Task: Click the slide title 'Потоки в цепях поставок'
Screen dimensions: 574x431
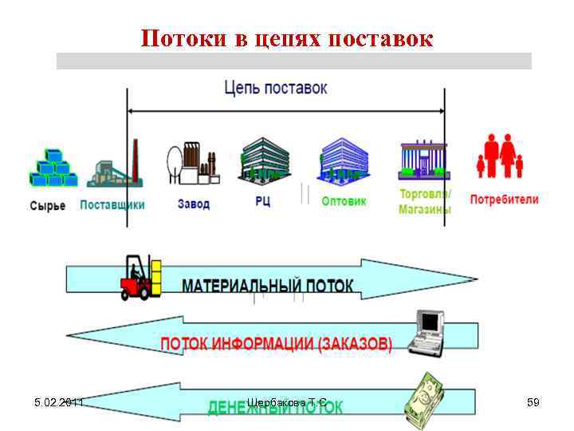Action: pos(287,38)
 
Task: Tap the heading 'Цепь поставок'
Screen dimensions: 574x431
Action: pos(276,88)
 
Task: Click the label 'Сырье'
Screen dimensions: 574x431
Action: pos(48,206)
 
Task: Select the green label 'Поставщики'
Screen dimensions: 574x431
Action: pos(112,205)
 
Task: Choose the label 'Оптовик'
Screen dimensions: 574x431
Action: pos(344,202)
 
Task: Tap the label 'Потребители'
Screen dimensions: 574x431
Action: pos(504,200)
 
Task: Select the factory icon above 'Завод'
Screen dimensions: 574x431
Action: pos(192,164)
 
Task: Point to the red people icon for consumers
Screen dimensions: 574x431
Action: pos(500,156)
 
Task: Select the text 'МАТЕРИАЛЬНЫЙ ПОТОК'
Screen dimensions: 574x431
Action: pos(269,286)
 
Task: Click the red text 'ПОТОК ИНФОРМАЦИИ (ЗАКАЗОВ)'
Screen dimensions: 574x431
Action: pos(277,345)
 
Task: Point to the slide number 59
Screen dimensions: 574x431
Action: pos(533,402)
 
